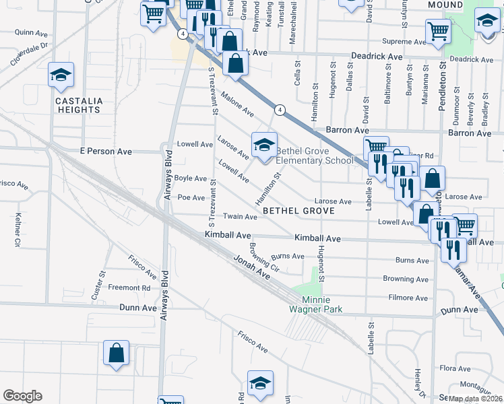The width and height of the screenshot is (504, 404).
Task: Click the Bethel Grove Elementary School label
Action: coord(314,156)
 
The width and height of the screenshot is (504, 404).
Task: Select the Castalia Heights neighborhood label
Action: coord(79,105)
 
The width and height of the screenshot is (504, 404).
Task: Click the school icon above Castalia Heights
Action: coord(61,75)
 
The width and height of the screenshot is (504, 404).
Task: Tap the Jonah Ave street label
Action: coord(251,268)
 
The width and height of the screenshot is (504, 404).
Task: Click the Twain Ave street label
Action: coord(241,217)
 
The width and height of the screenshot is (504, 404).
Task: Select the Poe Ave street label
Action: coord(191,198)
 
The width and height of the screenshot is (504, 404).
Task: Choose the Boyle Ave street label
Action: coord(191,178)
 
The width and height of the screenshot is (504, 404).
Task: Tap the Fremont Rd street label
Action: coord(129,288)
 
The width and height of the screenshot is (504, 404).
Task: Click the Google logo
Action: coord(22,396)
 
